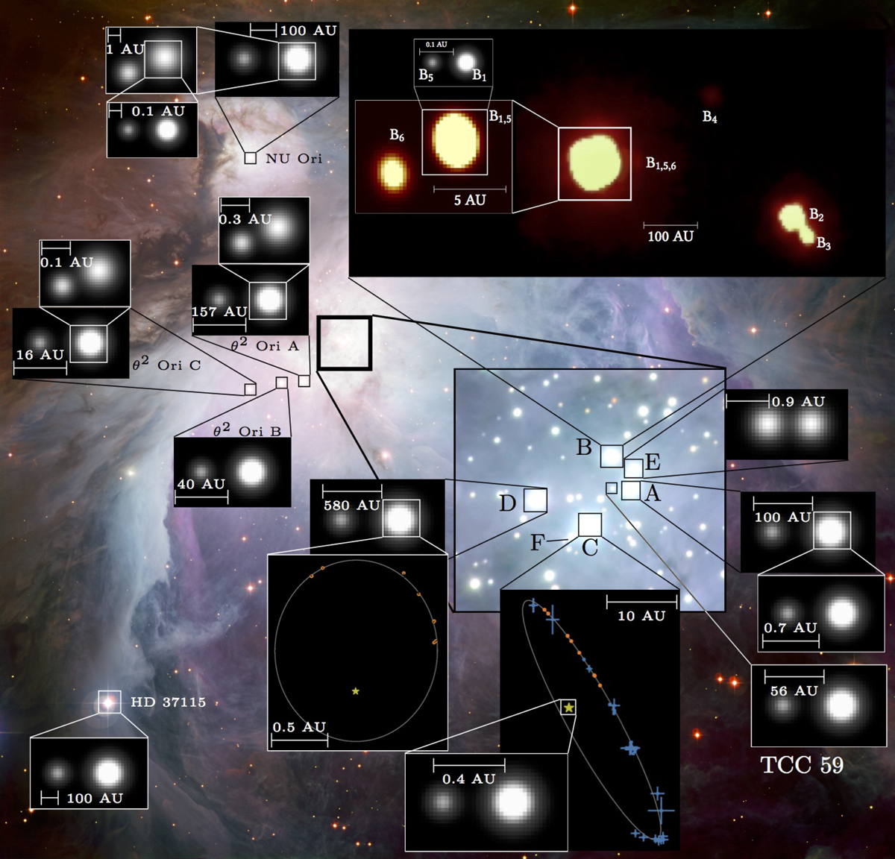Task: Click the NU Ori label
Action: coord(293,159)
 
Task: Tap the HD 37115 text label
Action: coord(169,702)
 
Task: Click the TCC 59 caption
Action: coord(802,765)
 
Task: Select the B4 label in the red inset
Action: coord(709,117)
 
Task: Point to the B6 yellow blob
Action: coord(393,173)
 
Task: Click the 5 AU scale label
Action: coord(470,200)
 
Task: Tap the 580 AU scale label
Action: coord(352,506)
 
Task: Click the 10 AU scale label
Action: coord(641,616)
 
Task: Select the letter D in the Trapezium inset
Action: coord(508,503)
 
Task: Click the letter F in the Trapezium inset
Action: coord(537,543)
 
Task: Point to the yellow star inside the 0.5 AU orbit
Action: coord(355,690)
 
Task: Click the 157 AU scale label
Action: coord(219,312)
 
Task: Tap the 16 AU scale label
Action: coord(40,354)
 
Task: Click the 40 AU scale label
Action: coord(201,484)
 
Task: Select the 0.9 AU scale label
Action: coord(799,401)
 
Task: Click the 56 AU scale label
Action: coord(794,690)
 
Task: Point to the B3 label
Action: coord(823,243)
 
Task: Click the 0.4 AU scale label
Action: coord(468,778)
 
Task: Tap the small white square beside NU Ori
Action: coord(250,158)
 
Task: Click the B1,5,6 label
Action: coord(661,163)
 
